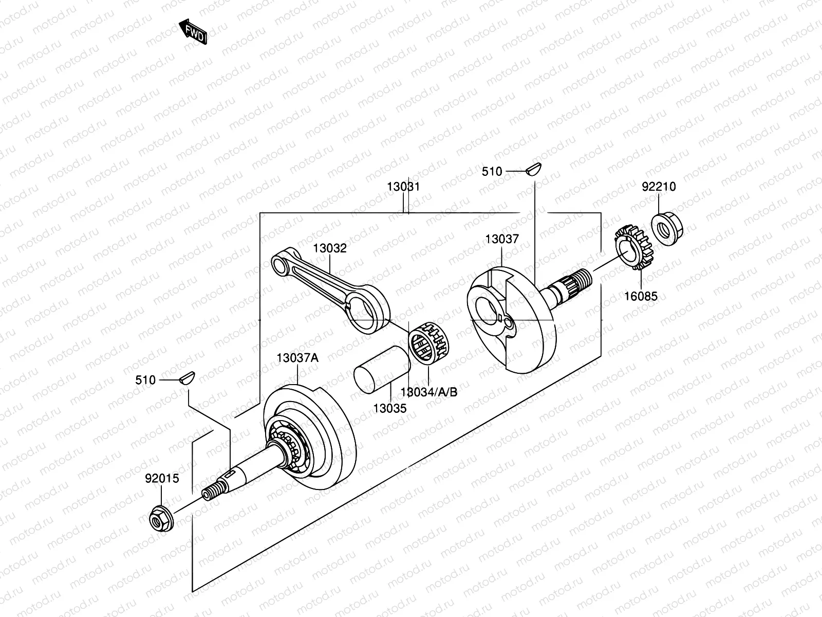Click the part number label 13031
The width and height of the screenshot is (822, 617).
tap(403, 187)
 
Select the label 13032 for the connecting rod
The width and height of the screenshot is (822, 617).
tap(330, 248)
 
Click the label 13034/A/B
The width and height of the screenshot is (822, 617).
tap(428, 392)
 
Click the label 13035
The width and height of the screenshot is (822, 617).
tap(389, 409)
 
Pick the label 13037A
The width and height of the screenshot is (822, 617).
tap(297, 358)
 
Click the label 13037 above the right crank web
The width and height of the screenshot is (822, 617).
tap(502, 239)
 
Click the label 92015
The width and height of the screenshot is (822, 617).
tap(162, 479)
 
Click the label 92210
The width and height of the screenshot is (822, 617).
tap(658, 187)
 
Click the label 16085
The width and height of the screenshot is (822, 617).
tap(641, 296)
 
